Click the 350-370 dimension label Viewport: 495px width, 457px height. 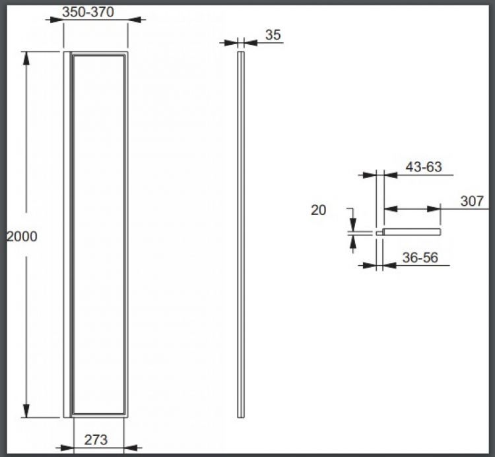[88, 11]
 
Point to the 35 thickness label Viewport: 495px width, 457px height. [273, 35]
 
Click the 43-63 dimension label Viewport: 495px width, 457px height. [423, 167]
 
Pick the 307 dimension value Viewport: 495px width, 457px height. [472, 201]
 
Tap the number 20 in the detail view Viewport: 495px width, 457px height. [318, 210]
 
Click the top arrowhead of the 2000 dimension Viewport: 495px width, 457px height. [26, 57]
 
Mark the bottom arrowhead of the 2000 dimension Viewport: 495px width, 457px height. [26, 411]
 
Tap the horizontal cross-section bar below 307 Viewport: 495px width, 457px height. [411, 232]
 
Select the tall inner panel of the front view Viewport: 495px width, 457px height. [99, 234]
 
